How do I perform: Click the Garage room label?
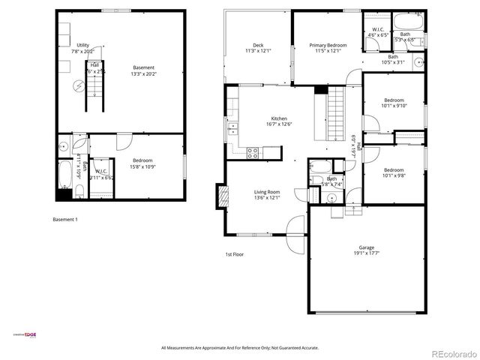(366, 247)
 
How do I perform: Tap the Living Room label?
(266, 192)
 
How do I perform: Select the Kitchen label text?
(279, 119)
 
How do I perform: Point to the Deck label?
(258, 45)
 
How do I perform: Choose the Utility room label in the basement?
(82, 45)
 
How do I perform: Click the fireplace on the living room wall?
(222, 196)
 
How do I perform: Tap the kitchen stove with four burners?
(253, 152)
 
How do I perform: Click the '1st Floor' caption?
(235, 254)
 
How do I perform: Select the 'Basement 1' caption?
(64, 220)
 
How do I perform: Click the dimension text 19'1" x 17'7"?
(366, 253)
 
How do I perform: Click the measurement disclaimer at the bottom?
(240, 348)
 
